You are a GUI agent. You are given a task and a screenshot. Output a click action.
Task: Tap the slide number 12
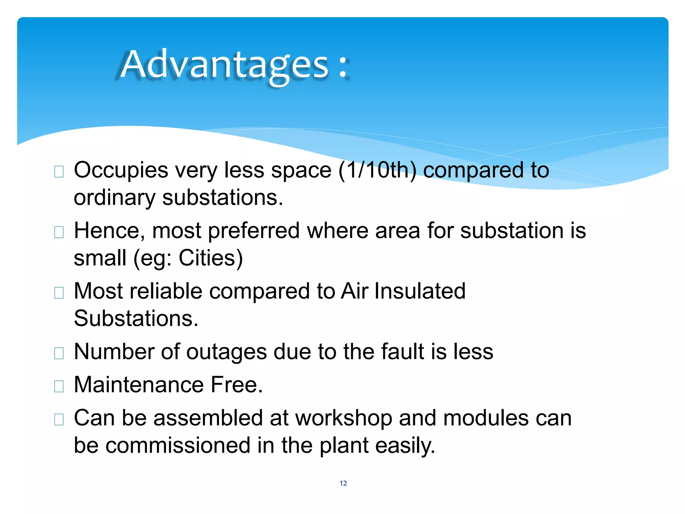(343, 483)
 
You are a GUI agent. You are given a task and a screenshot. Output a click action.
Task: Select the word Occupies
(121, 171)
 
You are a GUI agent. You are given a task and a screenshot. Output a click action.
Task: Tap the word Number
(114, 352)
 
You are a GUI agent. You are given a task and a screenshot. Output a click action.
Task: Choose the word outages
(226, 352)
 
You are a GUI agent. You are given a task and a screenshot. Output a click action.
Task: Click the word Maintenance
(139, 384)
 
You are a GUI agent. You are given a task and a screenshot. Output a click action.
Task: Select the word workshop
(344, 419)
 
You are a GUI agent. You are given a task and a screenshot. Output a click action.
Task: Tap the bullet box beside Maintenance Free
(59, 387)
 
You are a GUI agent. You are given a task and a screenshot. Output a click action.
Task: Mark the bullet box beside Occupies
(59, 172)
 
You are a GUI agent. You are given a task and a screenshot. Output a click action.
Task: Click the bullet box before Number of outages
(59, 353)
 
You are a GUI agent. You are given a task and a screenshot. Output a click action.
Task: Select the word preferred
(254, 231)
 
